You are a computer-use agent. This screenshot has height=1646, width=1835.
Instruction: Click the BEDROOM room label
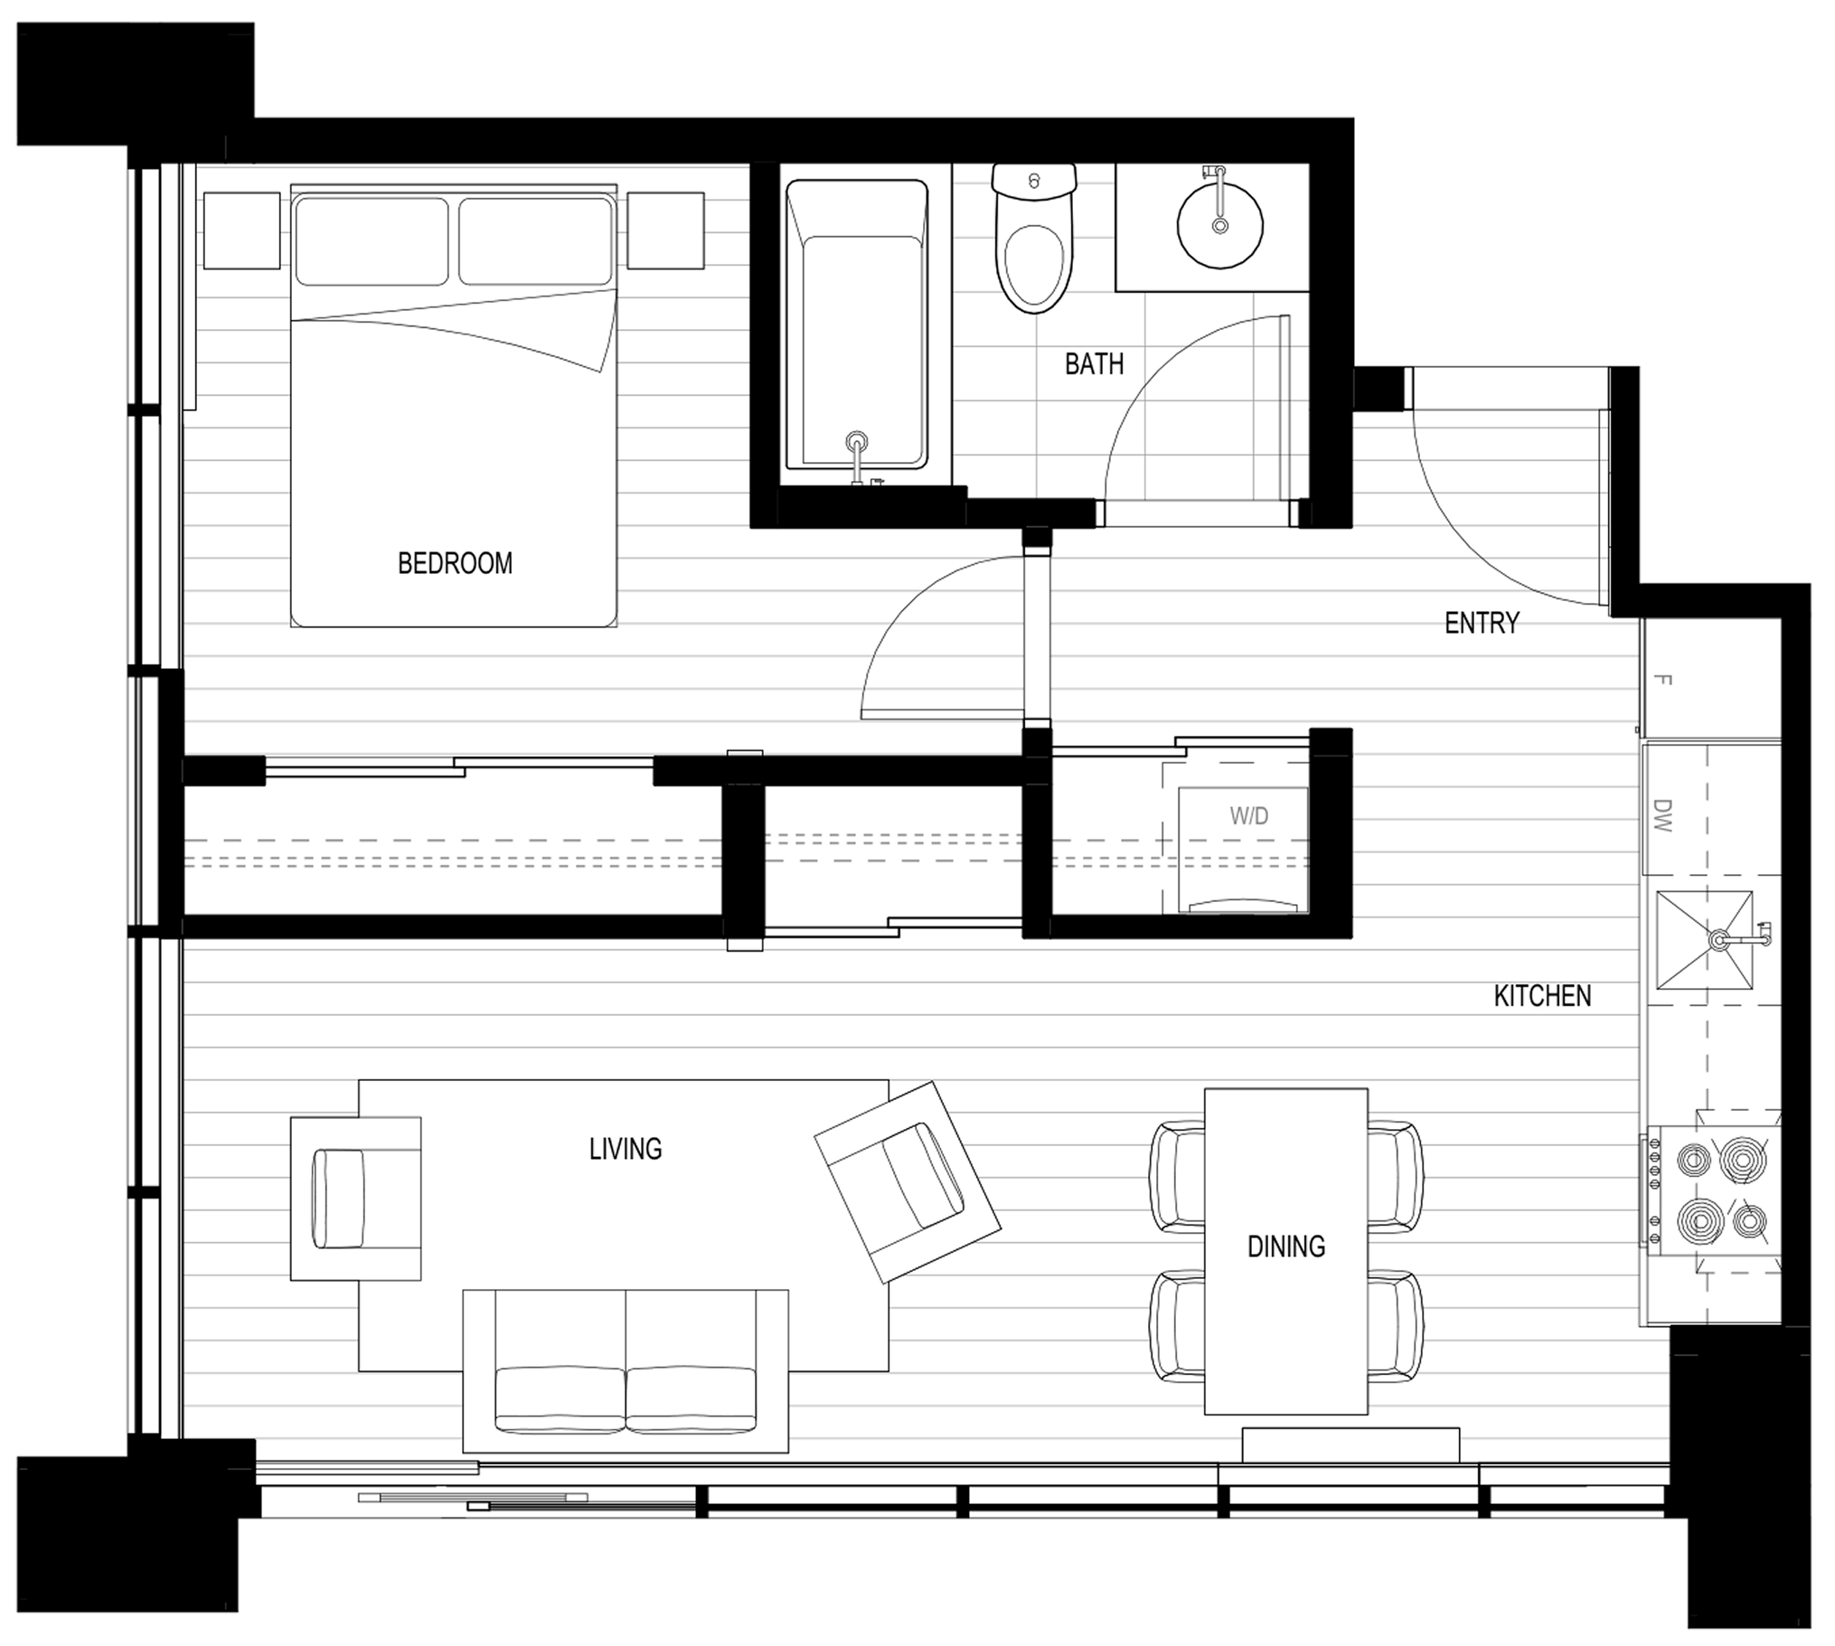(455, 563)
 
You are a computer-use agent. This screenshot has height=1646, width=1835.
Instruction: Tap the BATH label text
(1094, 363)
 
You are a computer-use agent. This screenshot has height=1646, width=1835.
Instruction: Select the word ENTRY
(1482, 622)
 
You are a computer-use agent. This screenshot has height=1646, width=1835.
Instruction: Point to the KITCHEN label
(1542, 996)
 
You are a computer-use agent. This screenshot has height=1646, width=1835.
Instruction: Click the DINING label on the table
(1286, 1246)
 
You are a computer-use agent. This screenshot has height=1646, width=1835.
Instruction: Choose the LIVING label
(625, 1149)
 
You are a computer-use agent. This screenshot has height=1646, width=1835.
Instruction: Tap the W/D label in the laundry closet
(1248, 815)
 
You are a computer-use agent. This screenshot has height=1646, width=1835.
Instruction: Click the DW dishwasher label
(1662, 814)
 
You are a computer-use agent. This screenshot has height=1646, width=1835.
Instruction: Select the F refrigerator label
(1662, 679)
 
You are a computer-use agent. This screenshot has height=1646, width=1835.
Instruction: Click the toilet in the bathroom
(1034, 238)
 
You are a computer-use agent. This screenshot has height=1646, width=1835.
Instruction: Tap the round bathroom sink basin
(1220, 225)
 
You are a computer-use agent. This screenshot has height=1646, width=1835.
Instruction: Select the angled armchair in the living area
(907, 1181)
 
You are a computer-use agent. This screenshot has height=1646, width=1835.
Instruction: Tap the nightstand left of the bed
(241, 230)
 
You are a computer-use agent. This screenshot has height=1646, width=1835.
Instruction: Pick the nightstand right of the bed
(665, 230)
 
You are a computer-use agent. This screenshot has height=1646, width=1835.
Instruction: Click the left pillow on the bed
(371, 240)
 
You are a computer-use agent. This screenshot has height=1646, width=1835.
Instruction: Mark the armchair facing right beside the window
(355, 1199)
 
